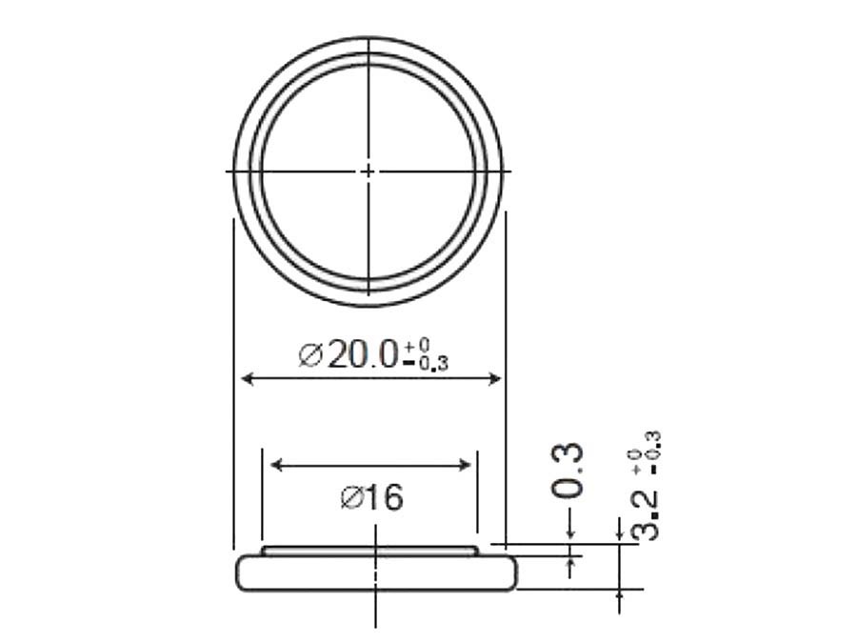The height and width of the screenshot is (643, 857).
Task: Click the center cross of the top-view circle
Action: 369,171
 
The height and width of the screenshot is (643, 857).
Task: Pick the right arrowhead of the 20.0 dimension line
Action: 494,379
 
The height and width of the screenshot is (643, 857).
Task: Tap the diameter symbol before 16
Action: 350,497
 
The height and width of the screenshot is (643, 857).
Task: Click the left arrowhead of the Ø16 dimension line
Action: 277,465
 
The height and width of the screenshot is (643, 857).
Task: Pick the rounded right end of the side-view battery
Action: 513,573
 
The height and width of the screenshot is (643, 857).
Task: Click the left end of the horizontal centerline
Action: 228,171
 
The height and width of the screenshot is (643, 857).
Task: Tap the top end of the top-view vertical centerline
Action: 369,37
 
